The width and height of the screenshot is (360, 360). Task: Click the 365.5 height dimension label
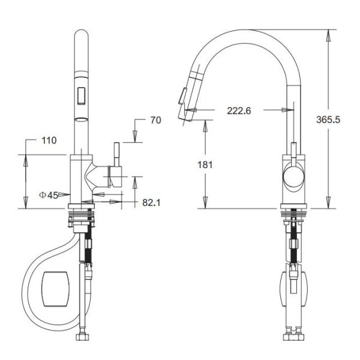(328, 119)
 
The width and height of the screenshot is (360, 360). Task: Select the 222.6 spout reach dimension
(239, 111)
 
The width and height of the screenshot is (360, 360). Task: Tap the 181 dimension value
(205, 165)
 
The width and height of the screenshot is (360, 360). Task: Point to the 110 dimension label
(49, 140)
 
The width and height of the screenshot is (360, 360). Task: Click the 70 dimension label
(155, 120)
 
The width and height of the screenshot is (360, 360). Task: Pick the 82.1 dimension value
(151, 203)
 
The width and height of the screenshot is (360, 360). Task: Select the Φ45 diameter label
(49, 195)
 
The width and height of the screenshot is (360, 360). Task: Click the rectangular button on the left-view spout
(81, 95)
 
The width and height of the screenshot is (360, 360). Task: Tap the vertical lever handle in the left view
(116, 154)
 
